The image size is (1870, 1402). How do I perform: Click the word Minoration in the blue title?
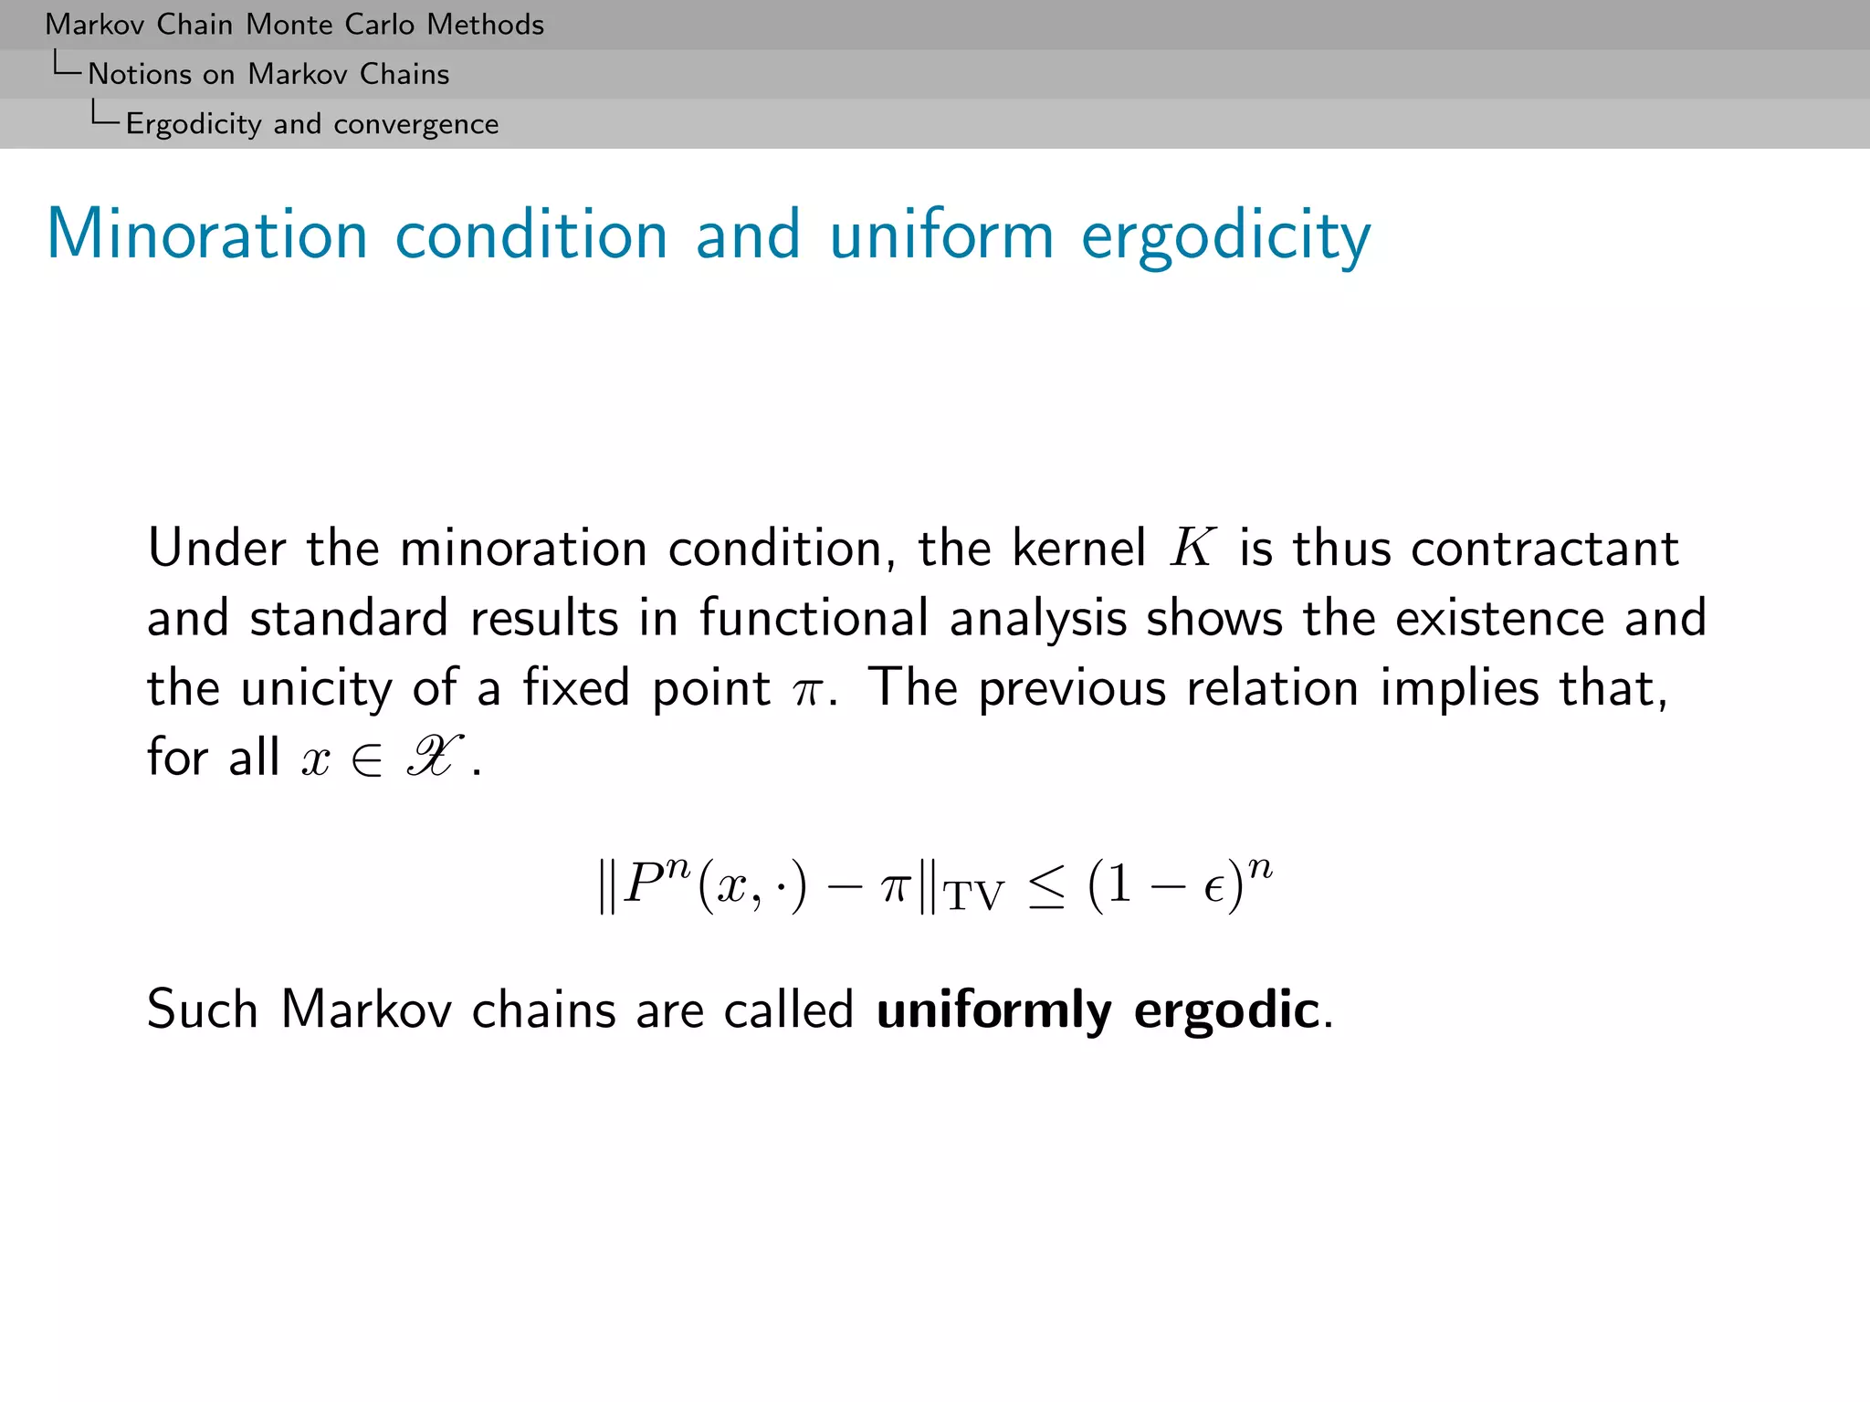pos(207,235)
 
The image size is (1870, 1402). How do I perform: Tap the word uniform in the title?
pos(941,235)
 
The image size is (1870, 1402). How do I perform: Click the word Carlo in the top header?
pos(377,25)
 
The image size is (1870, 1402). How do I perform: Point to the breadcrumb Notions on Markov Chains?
pos(268,74)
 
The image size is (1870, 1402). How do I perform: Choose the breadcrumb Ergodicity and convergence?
pos(312,123)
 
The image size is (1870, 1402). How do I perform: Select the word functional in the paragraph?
pos(814,619)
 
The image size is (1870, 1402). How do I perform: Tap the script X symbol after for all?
pos(434,758)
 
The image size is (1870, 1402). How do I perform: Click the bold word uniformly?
pos(993,1010)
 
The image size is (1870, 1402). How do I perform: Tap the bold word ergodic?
pos(1226,1010)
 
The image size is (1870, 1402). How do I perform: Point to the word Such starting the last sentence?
pos(203,1010)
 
